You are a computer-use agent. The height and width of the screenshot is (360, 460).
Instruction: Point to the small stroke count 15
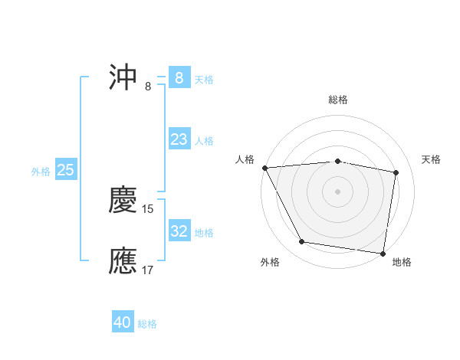tap(149, 209)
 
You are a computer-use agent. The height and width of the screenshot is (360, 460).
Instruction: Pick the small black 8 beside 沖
tap(148, 86)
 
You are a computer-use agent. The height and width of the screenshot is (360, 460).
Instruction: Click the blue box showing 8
tap(179, 77)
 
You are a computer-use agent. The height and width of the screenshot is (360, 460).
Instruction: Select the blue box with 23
tap(179, 139)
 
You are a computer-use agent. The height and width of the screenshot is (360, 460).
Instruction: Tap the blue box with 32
tap(179, 231)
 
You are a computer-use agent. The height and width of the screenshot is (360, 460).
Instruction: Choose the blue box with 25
tap(65, 170)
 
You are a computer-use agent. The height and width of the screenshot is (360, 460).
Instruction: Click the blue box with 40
tap(123, 322)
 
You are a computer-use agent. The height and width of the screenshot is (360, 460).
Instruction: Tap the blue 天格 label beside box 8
tap(204, 79)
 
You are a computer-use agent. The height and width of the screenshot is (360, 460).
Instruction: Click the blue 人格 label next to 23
tap(204, 141)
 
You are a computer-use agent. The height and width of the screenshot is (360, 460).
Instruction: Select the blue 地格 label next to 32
tap(204, 233)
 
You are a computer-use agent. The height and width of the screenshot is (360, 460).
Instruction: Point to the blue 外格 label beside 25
tap(41, 172)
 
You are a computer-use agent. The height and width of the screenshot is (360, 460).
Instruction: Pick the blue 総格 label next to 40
tap(148, 324)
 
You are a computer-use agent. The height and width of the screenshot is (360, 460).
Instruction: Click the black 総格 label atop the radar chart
tap(338, 100)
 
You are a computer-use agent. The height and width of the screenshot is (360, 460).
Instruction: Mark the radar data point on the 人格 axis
tap(264, 168)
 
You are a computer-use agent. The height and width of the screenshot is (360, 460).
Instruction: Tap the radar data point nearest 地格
tap(383, 253)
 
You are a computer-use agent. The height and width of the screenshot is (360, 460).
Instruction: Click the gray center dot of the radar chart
tap(338, 191)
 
